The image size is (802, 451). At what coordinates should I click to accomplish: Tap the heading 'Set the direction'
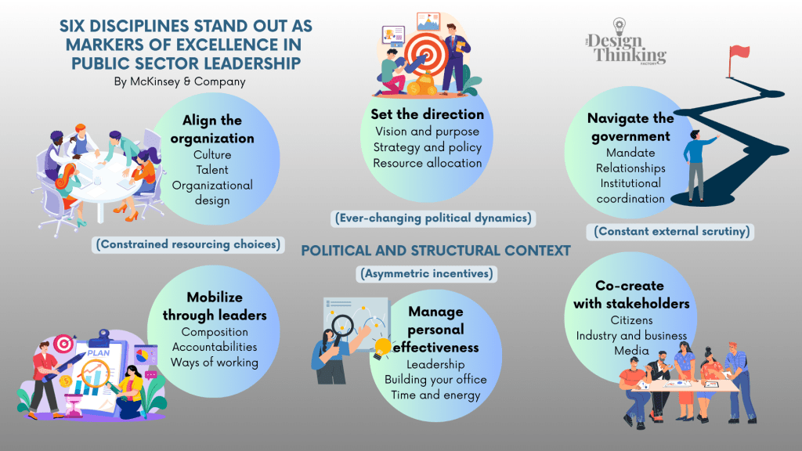(x=427, y=114)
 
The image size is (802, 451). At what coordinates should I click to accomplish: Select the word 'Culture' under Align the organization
(x=212, y=154)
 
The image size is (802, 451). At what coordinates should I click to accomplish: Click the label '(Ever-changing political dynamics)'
(x=433, y=218)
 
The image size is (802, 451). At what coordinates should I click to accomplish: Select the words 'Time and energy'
(x=435, y=395)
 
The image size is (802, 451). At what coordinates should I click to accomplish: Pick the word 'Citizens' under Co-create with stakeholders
(x=631, y=320)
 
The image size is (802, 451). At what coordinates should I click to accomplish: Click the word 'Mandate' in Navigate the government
(x=630, y=153)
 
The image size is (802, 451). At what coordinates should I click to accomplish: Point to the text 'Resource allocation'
(x=427, y=163)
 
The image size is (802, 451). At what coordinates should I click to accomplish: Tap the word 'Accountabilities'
(x=215, y=346)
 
